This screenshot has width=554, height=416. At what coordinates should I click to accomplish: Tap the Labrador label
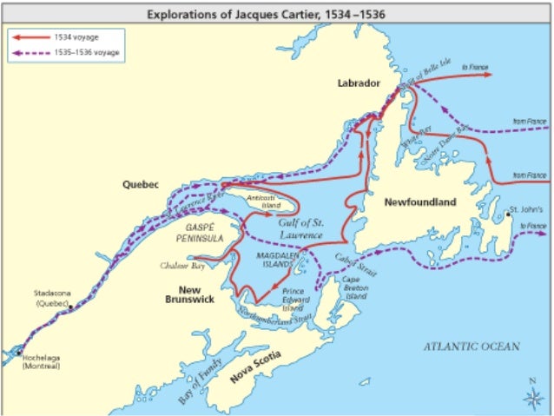[359, 83]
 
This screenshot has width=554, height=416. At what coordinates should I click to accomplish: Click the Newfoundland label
[420, 202]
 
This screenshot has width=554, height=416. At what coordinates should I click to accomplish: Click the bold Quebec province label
[140, 184]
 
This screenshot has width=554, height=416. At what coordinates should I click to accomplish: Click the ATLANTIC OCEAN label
[471, 346]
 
